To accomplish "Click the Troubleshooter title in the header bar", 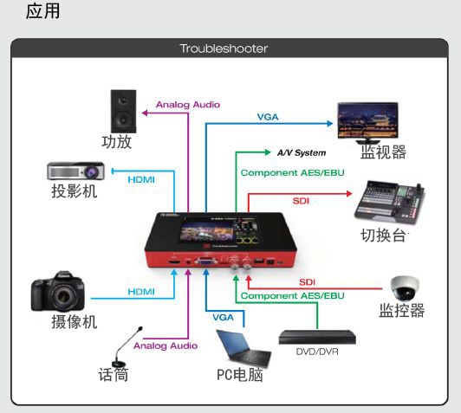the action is [224, 48].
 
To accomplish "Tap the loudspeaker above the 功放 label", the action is [123, 112].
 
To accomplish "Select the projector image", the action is [76, 171].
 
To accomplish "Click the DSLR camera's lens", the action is [63, 297].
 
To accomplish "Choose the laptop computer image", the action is [243, 348].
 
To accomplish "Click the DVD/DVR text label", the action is [317, 352].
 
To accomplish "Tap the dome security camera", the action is [405, 287].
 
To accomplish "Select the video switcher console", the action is [390, 202].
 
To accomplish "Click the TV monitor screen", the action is [367, 120].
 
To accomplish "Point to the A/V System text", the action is [302, 152].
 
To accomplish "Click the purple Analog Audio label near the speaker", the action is [188, 105].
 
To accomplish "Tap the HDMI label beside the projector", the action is [141, 179].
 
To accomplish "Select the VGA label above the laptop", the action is [224, 317].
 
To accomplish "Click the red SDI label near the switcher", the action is [301, 201].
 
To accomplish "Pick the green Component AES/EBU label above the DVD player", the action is [293, 295].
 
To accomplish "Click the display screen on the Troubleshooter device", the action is [218, 231].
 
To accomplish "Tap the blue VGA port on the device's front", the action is [205, 261].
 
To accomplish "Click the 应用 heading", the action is [42, 11].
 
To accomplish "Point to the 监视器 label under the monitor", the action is [383, 152].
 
